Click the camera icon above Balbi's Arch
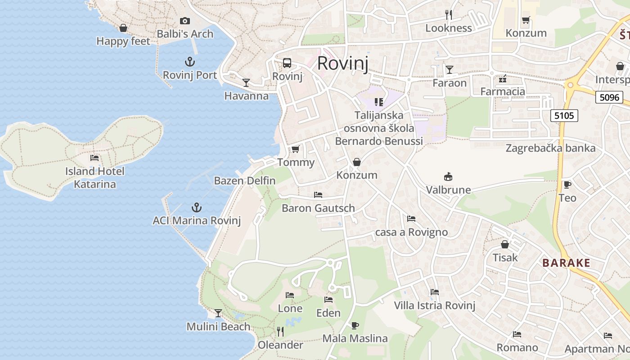[184, 21]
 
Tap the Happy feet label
[123, 41]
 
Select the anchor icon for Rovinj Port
[190, 62]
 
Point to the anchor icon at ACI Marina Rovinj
[196, 207]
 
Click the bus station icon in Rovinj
[287, 63]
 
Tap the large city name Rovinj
[343, 63]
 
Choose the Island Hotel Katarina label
[94, 178]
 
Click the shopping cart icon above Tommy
[296, 149]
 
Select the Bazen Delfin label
[245, 181]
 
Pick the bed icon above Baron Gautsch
[318, 195]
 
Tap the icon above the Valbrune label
[448, 176]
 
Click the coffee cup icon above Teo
[567, 184]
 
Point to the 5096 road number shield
[609, 97]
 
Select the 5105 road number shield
[564, 116]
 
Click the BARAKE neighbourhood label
[566, 263]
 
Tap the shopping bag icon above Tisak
[505, 244]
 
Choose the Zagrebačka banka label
[550, 148]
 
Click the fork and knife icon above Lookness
[449, 15]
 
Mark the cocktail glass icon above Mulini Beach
[218, 313]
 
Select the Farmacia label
[503, 92]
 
